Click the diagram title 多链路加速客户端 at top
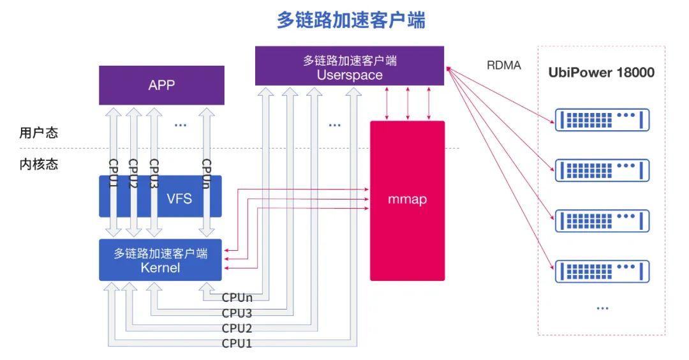pos(351,20)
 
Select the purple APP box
pos(161,86)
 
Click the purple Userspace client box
pos(350,66)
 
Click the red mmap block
pos(407,200)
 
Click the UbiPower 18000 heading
pos(601,72)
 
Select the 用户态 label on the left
pos(38,133)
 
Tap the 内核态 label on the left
pos(38,164)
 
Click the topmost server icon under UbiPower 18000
pos(602,119)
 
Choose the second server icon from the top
pos(602,170)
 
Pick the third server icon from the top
pos(602,220)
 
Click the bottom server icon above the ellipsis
pos(602,271)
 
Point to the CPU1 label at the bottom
pos(237,343)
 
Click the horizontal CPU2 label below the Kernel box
pos(237,328)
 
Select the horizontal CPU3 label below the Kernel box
pos(237,313)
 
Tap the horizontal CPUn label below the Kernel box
pos(237,297)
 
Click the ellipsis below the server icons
pos(602,308)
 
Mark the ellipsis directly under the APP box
pos(181,125)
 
